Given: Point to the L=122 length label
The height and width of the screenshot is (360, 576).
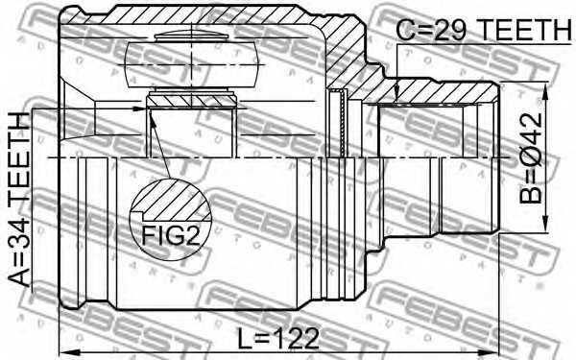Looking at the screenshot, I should pyautogui.click(x=278, y=338).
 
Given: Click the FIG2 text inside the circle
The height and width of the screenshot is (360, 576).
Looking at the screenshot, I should pyautogui.click(x=170, y=234).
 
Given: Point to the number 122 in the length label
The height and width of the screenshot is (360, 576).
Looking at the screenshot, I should pyautogui.click(x=292, y=338).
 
